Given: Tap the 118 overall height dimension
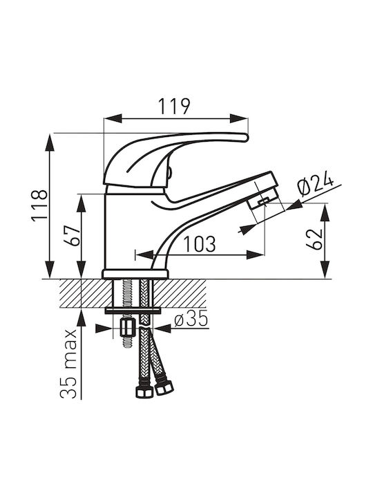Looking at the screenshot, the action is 39,205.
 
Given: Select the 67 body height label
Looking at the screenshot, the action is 71,235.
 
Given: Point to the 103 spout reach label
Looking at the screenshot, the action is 200,244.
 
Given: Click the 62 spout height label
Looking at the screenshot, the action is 314,239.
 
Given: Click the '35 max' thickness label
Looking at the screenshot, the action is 68,364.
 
